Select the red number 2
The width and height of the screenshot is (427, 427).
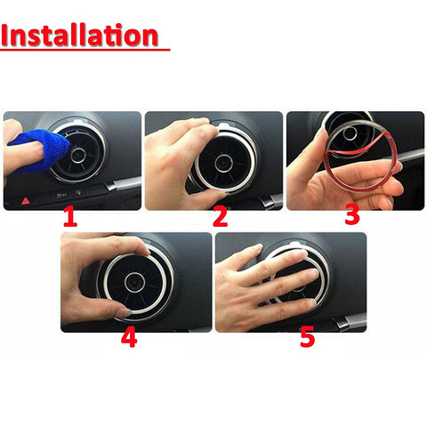pyautogui.click(x=220, y=217)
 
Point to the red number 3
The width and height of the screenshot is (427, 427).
pyautogui.click(x=352, y=216)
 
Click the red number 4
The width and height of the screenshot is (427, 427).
pyautogui.click(x=129, y=338)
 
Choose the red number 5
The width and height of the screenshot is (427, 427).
pyautogui.click(x=308, y=338)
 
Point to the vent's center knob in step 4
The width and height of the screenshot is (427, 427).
pyautogui.click(x=136, y=283)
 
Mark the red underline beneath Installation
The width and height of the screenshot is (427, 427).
pyautogui.click(x=85, y=50)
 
